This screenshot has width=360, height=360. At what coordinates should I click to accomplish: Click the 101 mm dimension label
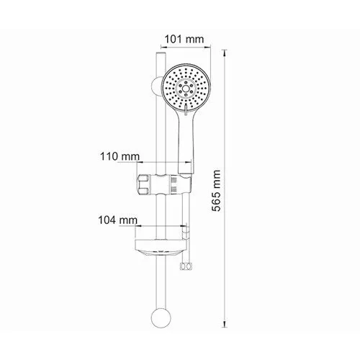click(184, 39)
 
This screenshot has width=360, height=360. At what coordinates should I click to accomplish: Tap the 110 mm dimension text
click(120, 157)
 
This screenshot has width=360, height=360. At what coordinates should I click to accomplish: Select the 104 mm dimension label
click(118, 220)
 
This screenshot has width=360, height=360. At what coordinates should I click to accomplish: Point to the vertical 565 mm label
click(216, 191)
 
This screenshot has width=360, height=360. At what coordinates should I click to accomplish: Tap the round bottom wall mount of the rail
click(161, 318)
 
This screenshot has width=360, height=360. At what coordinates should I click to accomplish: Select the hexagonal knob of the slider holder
click(143, 184)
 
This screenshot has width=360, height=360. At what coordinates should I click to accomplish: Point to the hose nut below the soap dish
click(186, 266)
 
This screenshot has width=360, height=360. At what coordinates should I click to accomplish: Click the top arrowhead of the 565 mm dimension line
click(225, 53)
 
